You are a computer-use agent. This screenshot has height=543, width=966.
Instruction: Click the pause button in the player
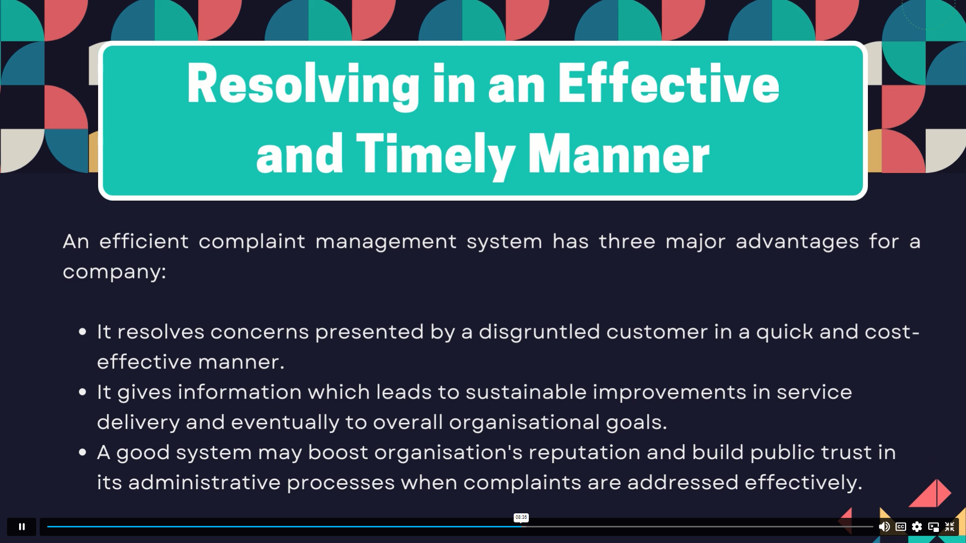22,526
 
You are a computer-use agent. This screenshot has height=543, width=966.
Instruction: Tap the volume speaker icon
884,526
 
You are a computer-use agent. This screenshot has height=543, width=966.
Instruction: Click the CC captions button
901,526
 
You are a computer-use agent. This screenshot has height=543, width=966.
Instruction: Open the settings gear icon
917,526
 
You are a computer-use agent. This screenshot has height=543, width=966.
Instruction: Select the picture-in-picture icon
933,526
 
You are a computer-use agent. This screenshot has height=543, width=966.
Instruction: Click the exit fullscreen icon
950,526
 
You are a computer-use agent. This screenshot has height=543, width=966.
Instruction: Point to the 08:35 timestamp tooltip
521,517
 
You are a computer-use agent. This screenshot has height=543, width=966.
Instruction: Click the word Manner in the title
619,154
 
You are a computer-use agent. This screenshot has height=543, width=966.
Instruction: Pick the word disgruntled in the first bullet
539,332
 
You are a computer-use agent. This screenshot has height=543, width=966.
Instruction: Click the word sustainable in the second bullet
526,392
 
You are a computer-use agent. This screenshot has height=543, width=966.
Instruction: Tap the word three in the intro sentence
627,241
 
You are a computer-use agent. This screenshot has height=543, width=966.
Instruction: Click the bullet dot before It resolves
83,332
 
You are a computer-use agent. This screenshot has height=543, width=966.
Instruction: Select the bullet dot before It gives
83,392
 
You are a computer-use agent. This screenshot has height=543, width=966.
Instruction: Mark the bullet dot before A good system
83,452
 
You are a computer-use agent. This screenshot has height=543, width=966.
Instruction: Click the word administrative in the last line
204,483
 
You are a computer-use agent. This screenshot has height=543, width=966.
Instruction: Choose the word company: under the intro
115,272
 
